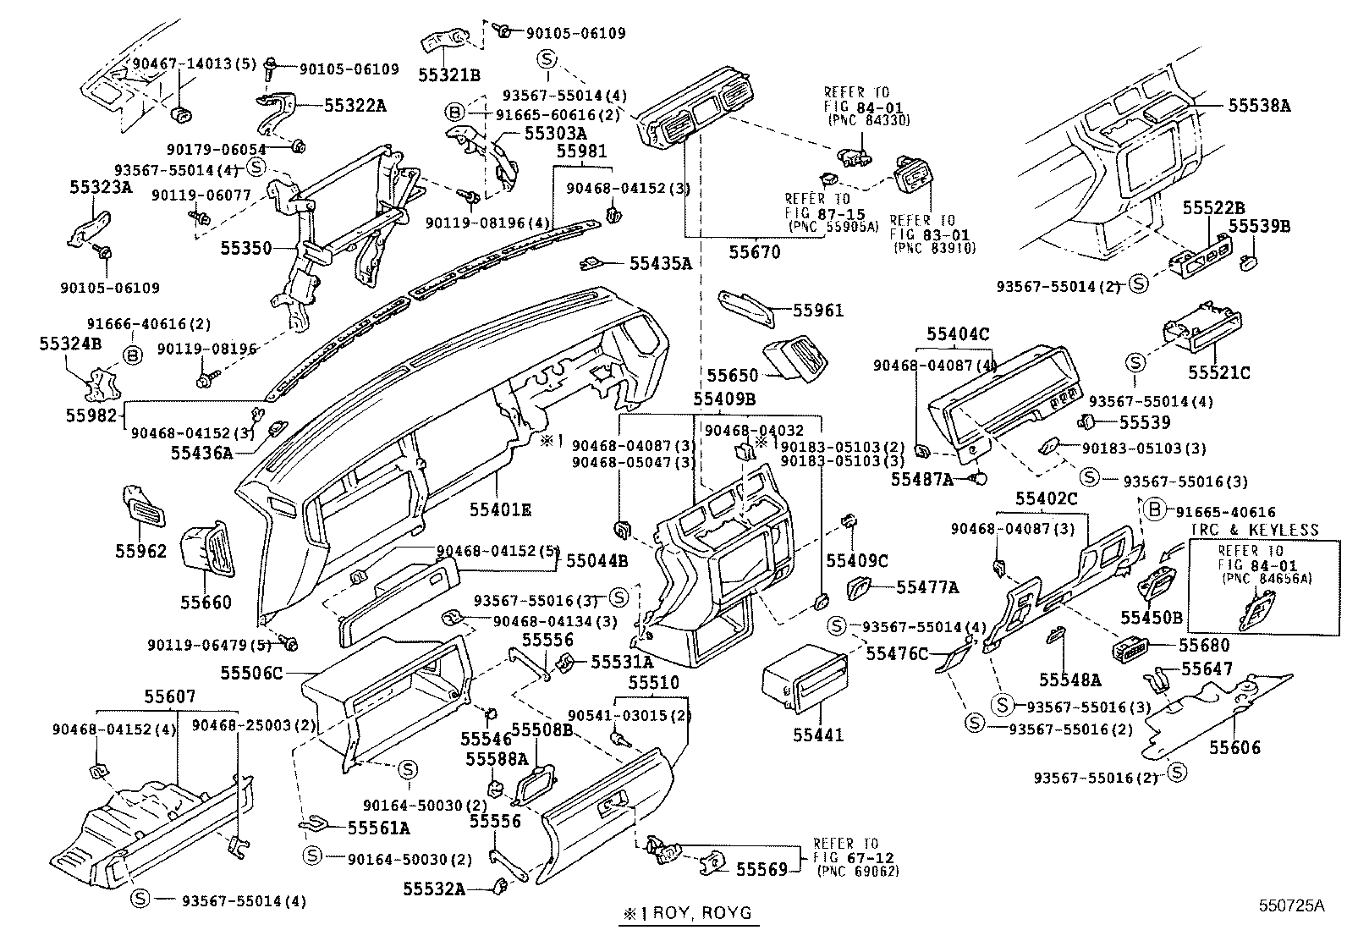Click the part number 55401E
click(501, 509)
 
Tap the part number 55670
click(755, 251)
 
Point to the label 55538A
click(1260, 106)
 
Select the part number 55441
click(817, 735)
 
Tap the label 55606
click(1234, 747)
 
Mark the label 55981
click(580, 151)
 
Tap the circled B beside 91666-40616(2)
click(133, 355)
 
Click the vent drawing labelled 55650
click(795, 360)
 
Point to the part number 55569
click(761, 869)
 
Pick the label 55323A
click(101, 188)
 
